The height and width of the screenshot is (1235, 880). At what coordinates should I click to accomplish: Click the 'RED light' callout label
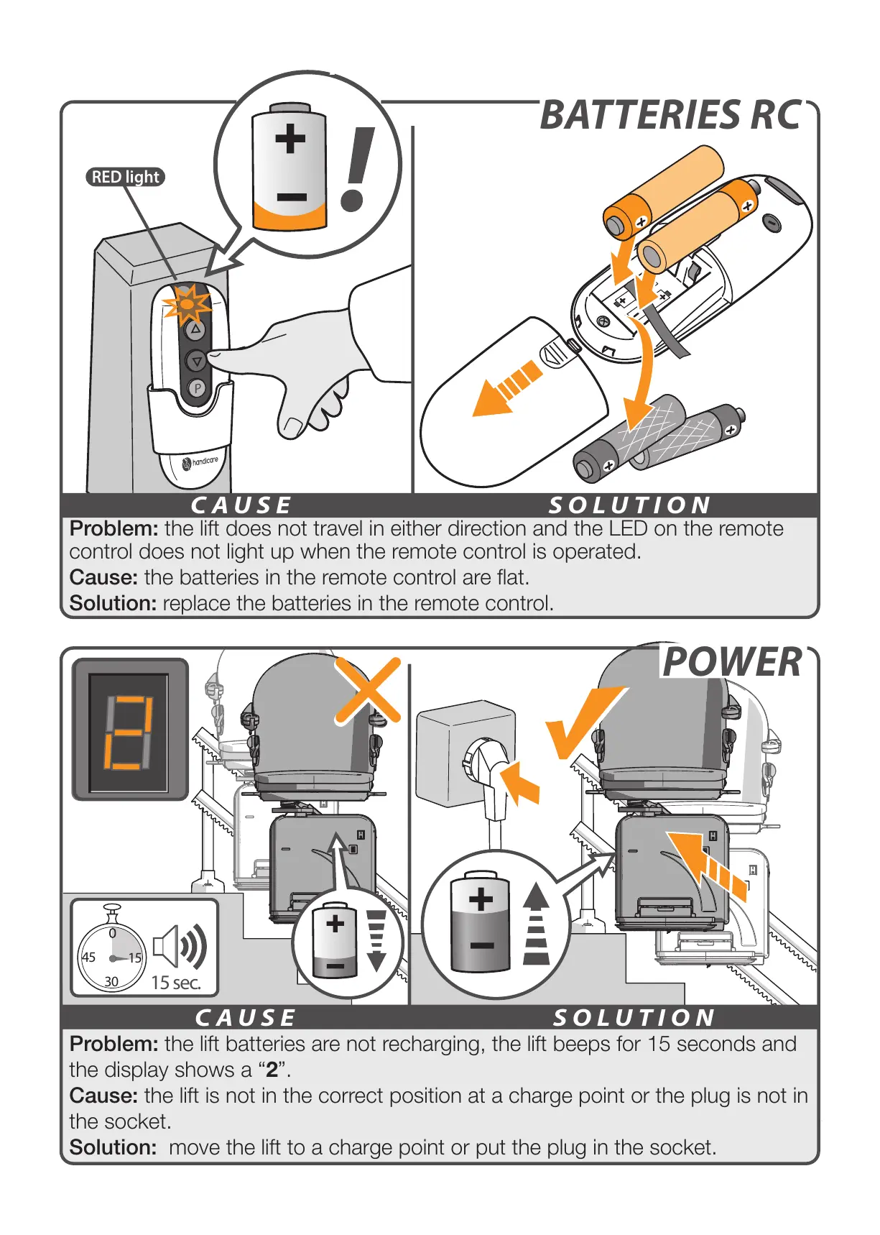tap(126, 177)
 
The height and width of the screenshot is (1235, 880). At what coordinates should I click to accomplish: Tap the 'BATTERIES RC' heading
tap(670, 116)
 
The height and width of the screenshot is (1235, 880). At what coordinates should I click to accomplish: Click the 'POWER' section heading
tap(731, 662)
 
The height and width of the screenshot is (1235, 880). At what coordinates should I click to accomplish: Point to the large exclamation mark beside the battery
tap(357, 168)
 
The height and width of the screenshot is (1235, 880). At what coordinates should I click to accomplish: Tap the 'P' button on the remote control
tap(197, 388)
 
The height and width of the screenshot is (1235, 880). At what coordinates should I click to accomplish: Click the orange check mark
tap(581, 721)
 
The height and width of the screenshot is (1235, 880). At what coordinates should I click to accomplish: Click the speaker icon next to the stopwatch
tap(180, 946)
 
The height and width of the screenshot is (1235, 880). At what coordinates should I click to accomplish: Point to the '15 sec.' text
tap(175, 982)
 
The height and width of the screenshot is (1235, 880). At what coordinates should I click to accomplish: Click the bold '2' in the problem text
tap(272, 1070)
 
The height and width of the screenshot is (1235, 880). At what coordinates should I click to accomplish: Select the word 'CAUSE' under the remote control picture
tap(241, 505)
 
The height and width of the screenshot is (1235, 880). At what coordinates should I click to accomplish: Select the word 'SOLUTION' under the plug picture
tap(634, 1018)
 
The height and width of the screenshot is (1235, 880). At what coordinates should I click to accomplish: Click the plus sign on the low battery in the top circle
tap(290, 139)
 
